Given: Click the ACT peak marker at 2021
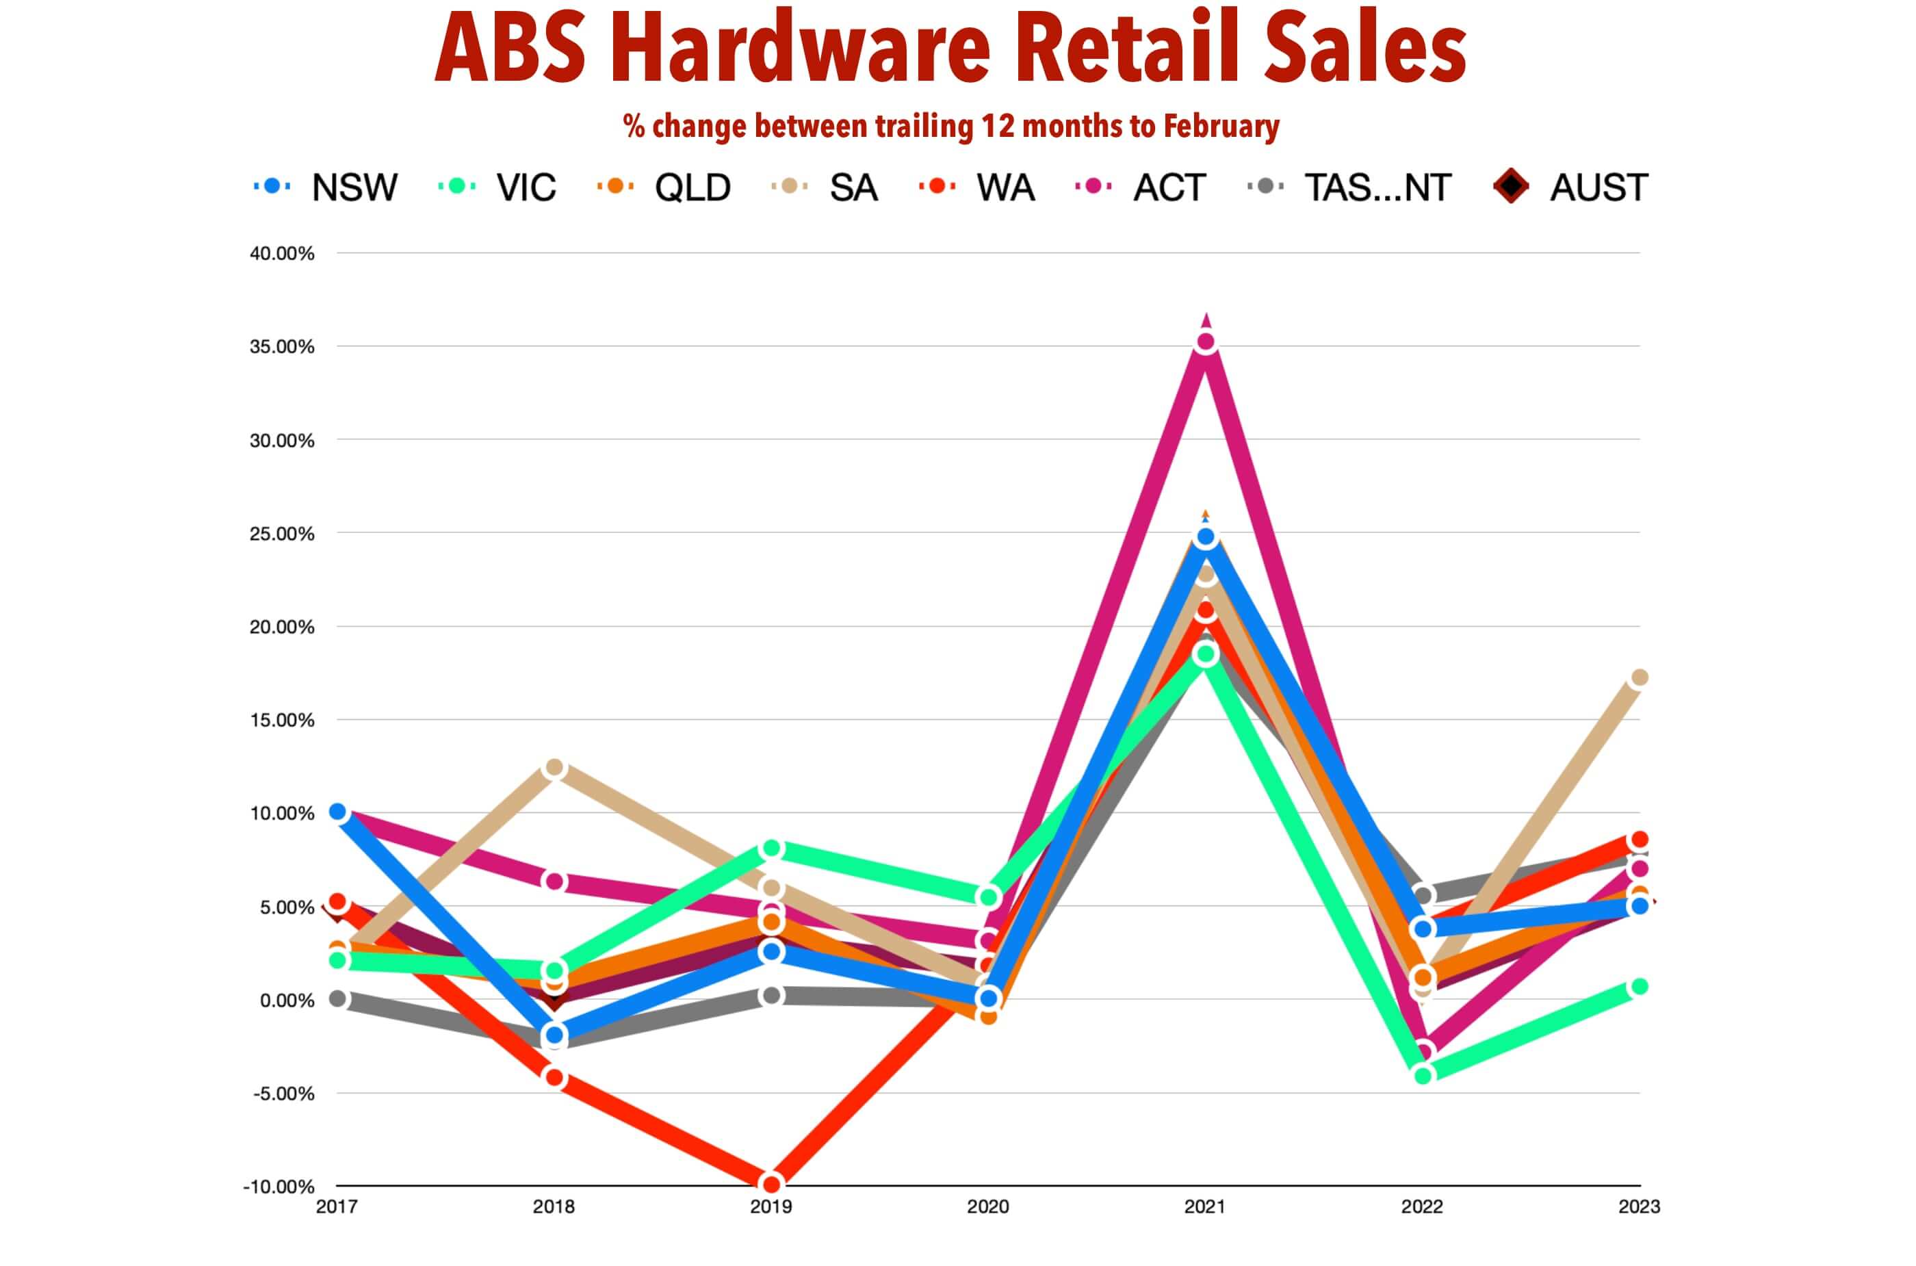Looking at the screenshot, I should coord(1204,342).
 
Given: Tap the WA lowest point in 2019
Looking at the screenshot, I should coord(771,1184).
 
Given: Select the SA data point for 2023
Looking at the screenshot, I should coord(1638,677).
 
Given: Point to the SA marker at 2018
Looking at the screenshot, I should coord(554,767).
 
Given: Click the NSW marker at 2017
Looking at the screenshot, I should coord(337,812).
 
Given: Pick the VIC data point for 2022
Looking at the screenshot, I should coord(1423,1074).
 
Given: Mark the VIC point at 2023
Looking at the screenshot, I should coord(1638,987).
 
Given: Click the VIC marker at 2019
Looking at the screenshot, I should coord(771,849).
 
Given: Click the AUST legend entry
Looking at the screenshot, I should coord(1571,188).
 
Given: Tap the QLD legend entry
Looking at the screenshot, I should coord(664,188).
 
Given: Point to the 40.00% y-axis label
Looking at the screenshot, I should coord(282,253).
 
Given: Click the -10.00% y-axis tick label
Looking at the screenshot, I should coord(279,1186).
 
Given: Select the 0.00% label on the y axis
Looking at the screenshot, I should coord(287,1000).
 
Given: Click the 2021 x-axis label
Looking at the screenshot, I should coord(1204,1207).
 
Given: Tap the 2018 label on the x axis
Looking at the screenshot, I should coord(554,1207).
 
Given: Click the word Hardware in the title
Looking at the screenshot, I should coord(799,49).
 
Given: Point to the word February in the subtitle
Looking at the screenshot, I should coord(1221,127).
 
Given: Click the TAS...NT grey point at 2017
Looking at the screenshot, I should coord(337,998).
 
